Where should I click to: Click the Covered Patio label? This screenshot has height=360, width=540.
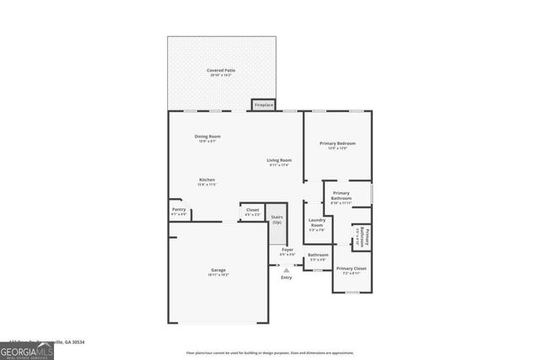point(220,72)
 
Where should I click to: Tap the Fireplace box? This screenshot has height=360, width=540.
point(264,105)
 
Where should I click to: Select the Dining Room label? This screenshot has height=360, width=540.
point(208,138)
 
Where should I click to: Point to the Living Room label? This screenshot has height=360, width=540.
point(279,162)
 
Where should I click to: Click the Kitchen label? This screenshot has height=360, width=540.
point(208,181)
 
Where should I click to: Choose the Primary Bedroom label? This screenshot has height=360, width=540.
point(337,145)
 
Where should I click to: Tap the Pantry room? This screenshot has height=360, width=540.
point(179,211)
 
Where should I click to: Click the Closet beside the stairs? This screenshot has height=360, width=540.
point(252,212)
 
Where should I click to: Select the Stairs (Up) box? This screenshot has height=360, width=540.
point(277,218)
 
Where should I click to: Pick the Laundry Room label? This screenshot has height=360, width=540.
point(316,223)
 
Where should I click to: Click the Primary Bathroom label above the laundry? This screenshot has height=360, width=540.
point(341,196)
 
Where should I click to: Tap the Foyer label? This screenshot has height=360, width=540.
point(287,251)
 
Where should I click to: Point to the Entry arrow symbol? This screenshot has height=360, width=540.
point(286,270)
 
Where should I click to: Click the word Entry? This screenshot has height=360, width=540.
point(286,277)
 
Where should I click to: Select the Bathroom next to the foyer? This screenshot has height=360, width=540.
point(318,256)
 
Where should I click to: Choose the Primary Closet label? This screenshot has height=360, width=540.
point(351,271)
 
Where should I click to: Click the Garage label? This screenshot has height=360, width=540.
point(219,272)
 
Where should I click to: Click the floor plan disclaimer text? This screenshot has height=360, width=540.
point(270,352)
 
